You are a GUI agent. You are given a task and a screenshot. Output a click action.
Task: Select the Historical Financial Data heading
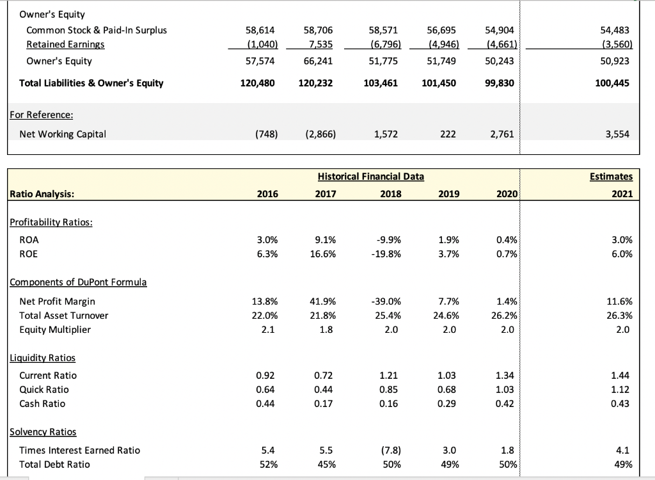370,177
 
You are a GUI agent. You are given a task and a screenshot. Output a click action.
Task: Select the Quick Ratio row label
44,389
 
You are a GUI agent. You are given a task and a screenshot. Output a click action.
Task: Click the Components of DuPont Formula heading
77,282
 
